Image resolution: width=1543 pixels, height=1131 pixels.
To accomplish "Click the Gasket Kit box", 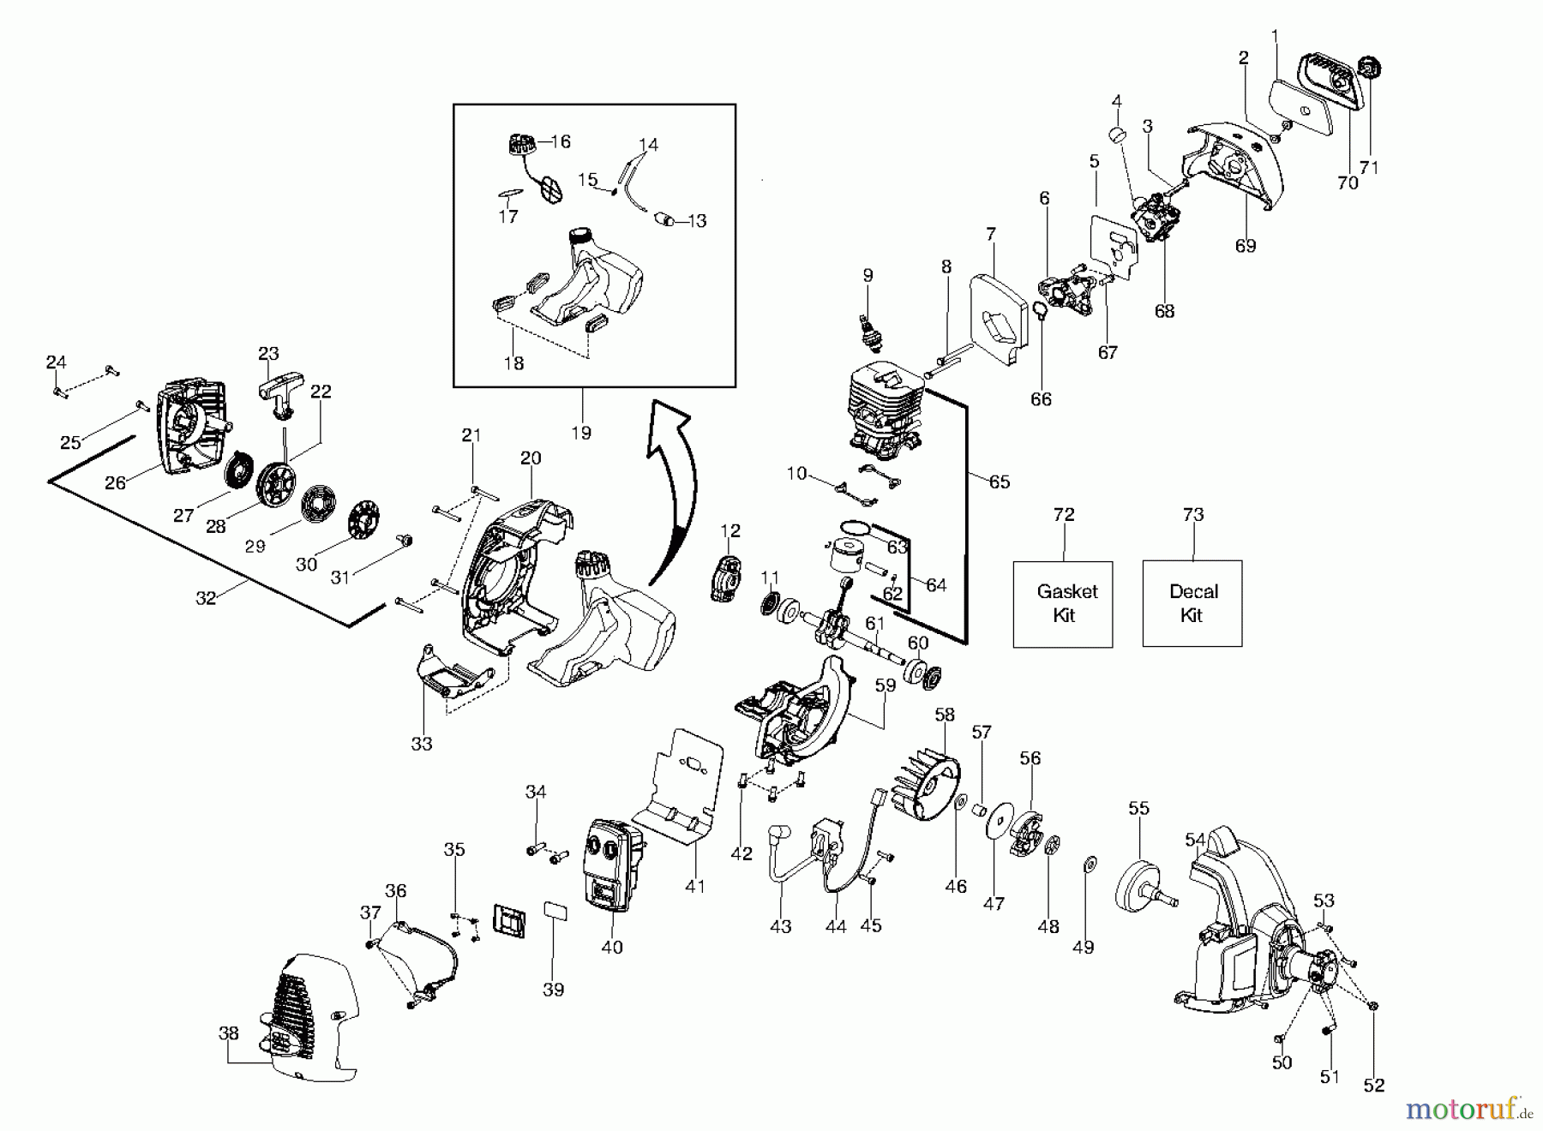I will pos(1063,604).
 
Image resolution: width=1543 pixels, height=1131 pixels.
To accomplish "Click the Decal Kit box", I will pos(1192,604).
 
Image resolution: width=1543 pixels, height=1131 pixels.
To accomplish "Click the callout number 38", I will pos(228,1033).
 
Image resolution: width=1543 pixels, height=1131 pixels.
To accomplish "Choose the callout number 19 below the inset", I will pos(581,433).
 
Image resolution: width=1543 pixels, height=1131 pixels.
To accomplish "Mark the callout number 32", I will pos(206,598).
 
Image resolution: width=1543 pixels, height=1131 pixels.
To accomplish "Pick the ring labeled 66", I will pos(1039,311).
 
